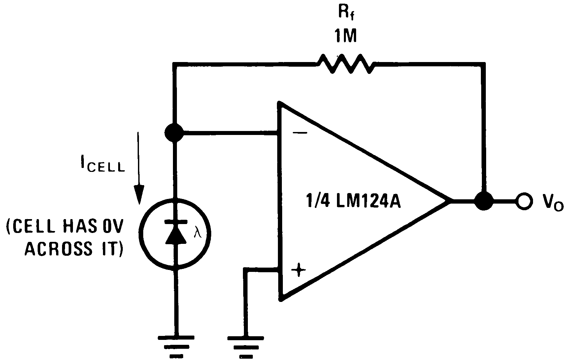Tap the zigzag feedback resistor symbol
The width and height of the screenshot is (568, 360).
coord(345,64)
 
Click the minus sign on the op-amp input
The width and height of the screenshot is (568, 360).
coord(300,133)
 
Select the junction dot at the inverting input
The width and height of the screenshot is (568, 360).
coord(174,133)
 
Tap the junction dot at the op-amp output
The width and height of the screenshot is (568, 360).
coord(484,200)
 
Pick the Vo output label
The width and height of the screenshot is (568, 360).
coord(552,202)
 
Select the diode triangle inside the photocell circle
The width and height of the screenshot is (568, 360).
coord(174,234)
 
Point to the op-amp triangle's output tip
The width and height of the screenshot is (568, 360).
coord(451,200)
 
